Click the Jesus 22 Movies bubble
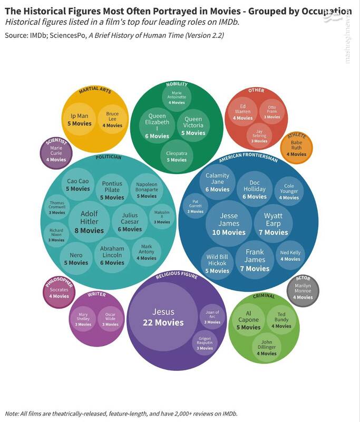pos(163,315)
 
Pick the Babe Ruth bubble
pos(298,148)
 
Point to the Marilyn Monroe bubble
pos(303,290)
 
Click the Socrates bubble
pos(59,292)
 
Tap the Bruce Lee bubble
pos(112,119)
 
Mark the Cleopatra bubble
pos(177,156)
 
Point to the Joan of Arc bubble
pos(212,316)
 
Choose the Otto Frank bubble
pos(272,111)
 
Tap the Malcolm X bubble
pos(162,217)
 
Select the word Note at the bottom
pos(12,413)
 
